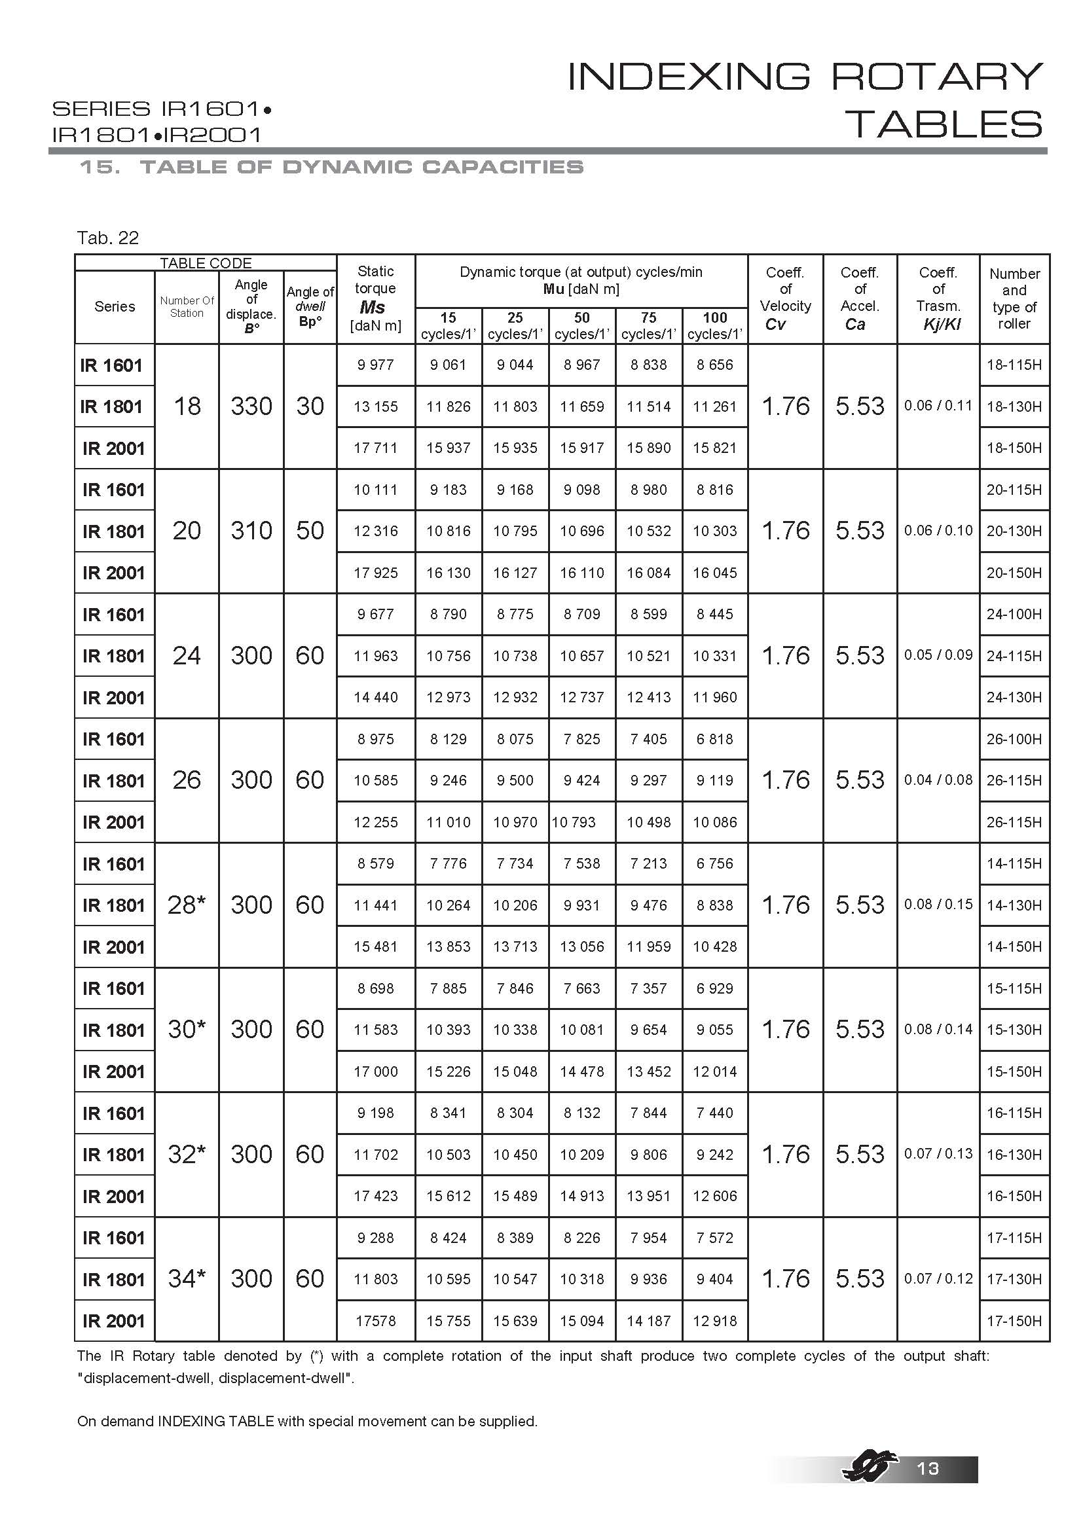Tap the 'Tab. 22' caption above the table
107,238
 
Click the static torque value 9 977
375,365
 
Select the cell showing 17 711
375,448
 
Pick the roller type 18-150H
1014,448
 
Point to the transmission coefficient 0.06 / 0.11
938,405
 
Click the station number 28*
187,905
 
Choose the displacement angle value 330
251,406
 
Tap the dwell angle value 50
310,531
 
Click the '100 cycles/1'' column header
715,325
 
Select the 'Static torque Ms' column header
375,298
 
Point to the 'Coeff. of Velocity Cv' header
786,298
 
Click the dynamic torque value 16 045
715,573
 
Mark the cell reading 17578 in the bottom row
375,1321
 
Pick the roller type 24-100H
1014,614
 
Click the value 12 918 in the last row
715,1321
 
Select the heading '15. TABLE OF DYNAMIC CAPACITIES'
331,167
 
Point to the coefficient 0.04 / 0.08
938,780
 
